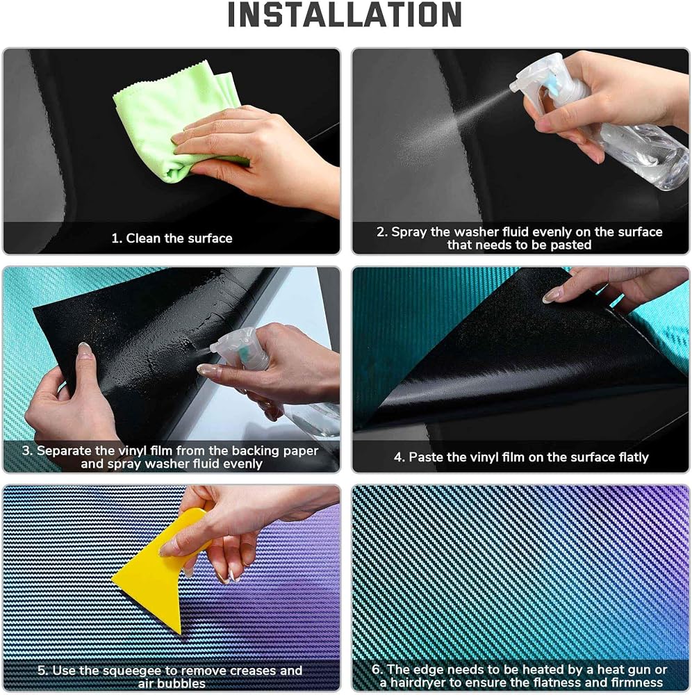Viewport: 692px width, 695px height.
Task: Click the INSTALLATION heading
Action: pos(345,15)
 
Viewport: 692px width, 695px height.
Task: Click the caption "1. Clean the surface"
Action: pos(172,238)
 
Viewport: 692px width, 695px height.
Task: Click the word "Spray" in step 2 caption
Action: pos(409,232)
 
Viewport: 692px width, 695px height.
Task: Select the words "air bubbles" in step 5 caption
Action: pos(172,683)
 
